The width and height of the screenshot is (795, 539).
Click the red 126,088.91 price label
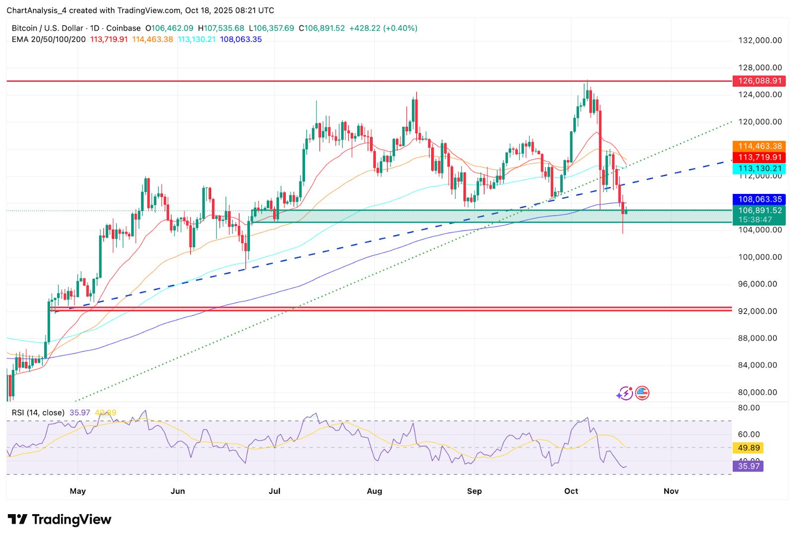coord(759,81)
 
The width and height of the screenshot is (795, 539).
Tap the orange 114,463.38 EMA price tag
coord(759,146)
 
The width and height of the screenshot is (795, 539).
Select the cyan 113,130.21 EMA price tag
coord(759,169)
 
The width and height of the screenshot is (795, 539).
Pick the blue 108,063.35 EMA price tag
coord(759,199)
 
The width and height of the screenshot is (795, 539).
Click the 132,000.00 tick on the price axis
coord(760,40)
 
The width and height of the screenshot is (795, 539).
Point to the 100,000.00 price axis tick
coord(760,257)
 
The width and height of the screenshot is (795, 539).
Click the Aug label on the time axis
coord(374,491)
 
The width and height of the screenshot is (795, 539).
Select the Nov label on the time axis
coord(671,491)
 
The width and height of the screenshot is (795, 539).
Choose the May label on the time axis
coord(78,491)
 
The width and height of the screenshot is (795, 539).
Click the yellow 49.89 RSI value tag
coord(749,448)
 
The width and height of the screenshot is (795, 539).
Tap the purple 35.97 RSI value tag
coord(749,466)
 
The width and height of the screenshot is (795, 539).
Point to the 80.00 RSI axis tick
coord(749,408)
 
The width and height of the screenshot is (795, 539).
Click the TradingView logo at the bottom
coord(60,520)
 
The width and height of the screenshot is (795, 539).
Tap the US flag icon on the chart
coord(642,393)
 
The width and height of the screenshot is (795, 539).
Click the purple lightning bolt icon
coord(625,394)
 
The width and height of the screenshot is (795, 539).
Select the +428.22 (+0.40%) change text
coord(383,28)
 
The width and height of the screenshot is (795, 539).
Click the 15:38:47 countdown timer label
coord(755,220)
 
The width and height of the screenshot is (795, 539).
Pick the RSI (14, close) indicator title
coord(38,413)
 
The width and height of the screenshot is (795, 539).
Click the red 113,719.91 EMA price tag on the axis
coord(759,157)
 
